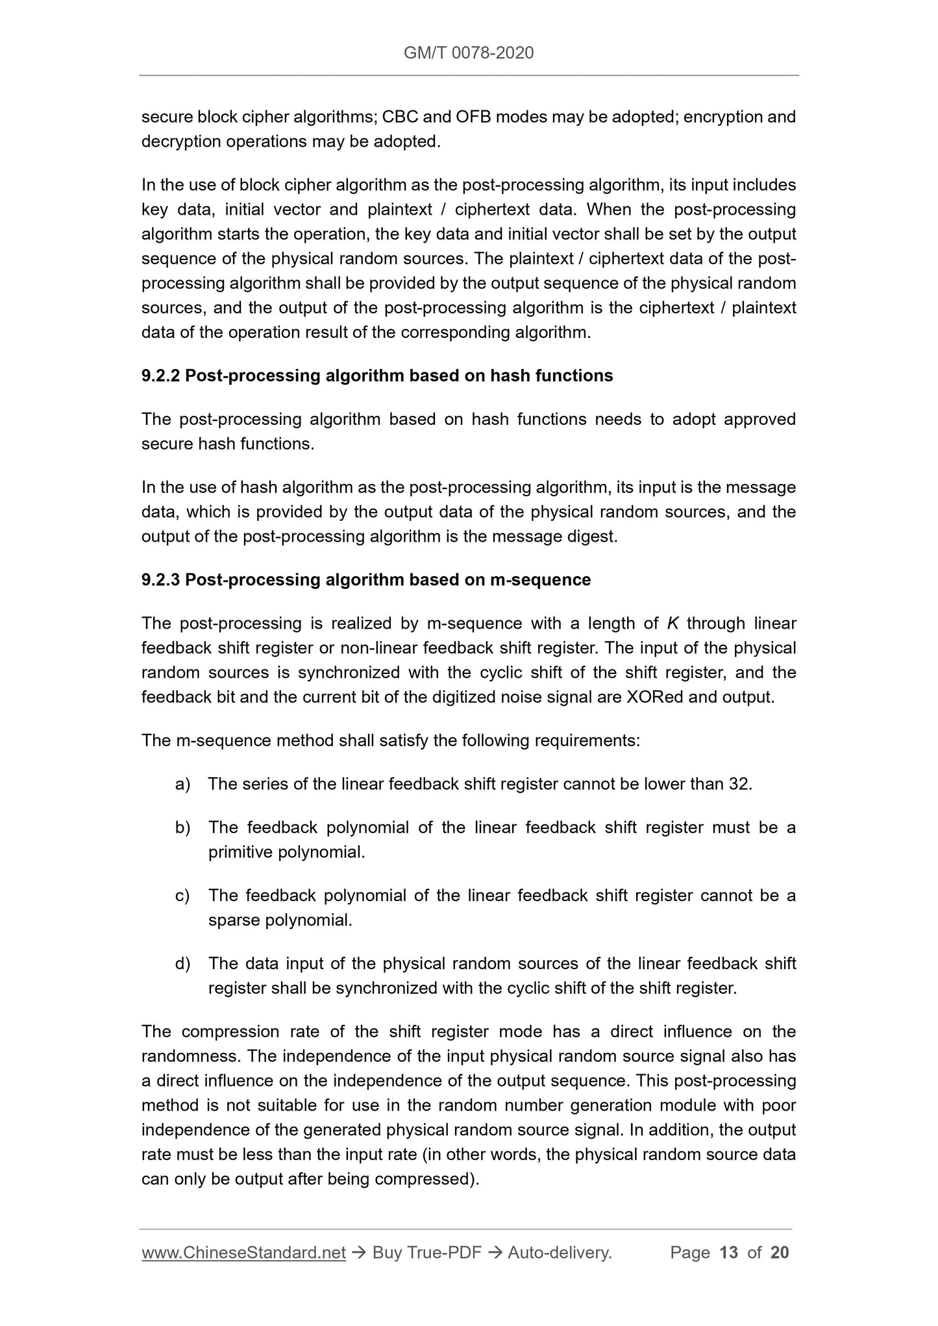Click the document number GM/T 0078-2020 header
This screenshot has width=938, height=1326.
point(469,53)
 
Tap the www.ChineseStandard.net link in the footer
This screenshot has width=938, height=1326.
point(243,1253)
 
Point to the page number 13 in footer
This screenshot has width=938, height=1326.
point(729,1253)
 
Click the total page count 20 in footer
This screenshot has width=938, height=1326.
point(780,1253)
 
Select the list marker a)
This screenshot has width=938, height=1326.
point(182,784)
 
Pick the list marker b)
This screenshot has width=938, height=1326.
point(182,828)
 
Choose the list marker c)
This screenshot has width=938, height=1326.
point(182,896)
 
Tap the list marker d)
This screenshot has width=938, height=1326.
point(182,964)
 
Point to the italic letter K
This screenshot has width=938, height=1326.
point(673,623)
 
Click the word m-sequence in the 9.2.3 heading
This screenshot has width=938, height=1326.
point(540,580)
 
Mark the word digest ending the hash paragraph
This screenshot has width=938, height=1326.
point(595,537)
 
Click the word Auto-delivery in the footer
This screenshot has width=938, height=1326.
point(559,1253)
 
